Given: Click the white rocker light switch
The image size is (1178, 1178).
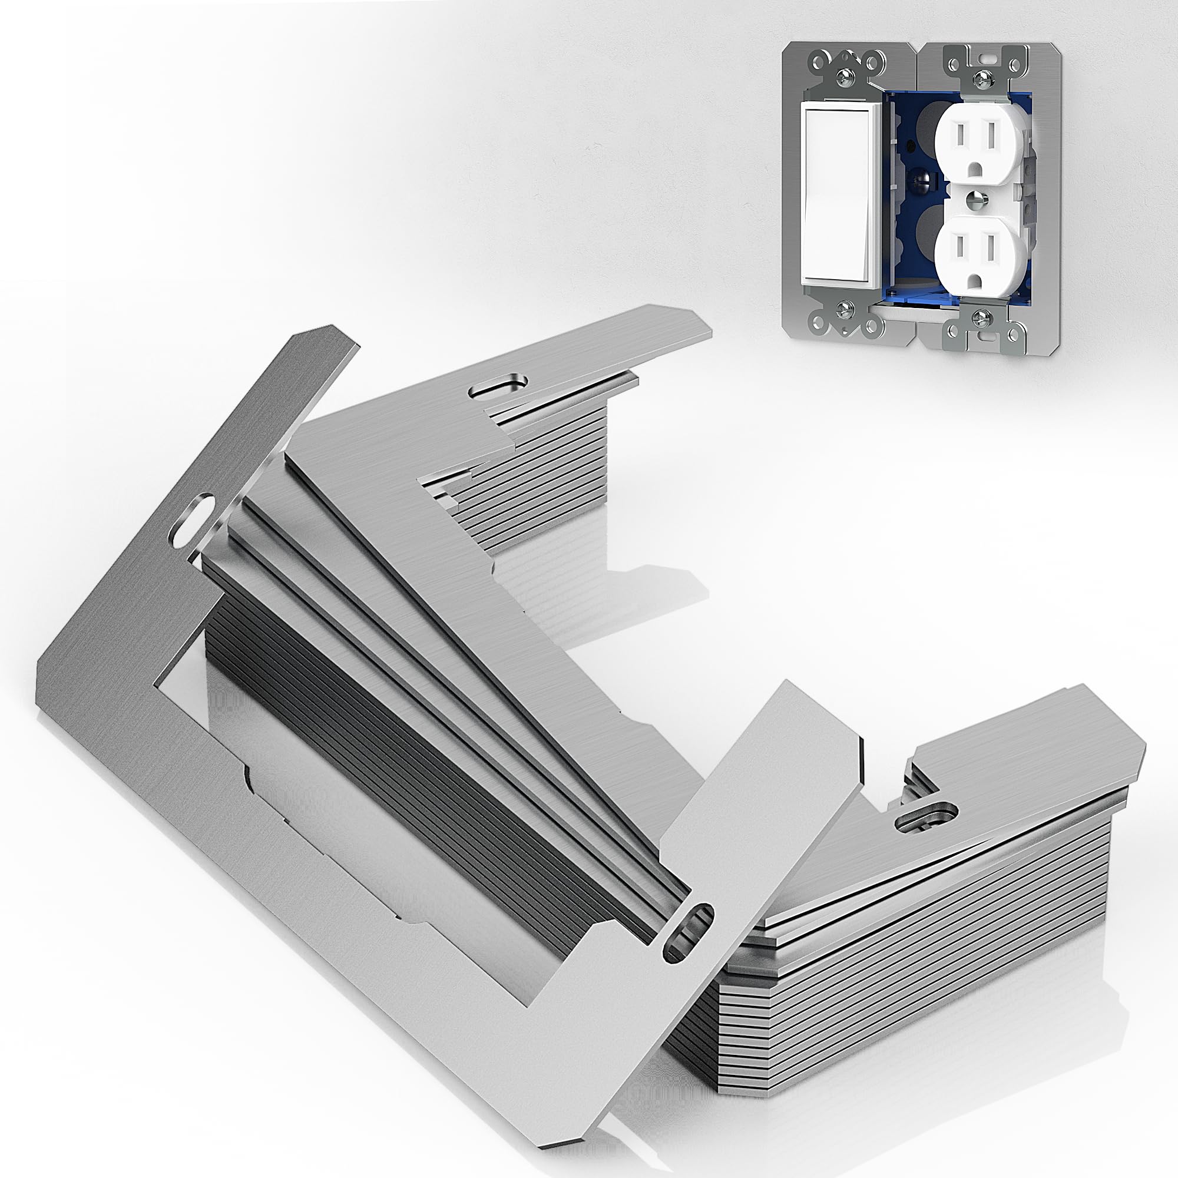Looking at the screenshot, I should click(x=838, y=195).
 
